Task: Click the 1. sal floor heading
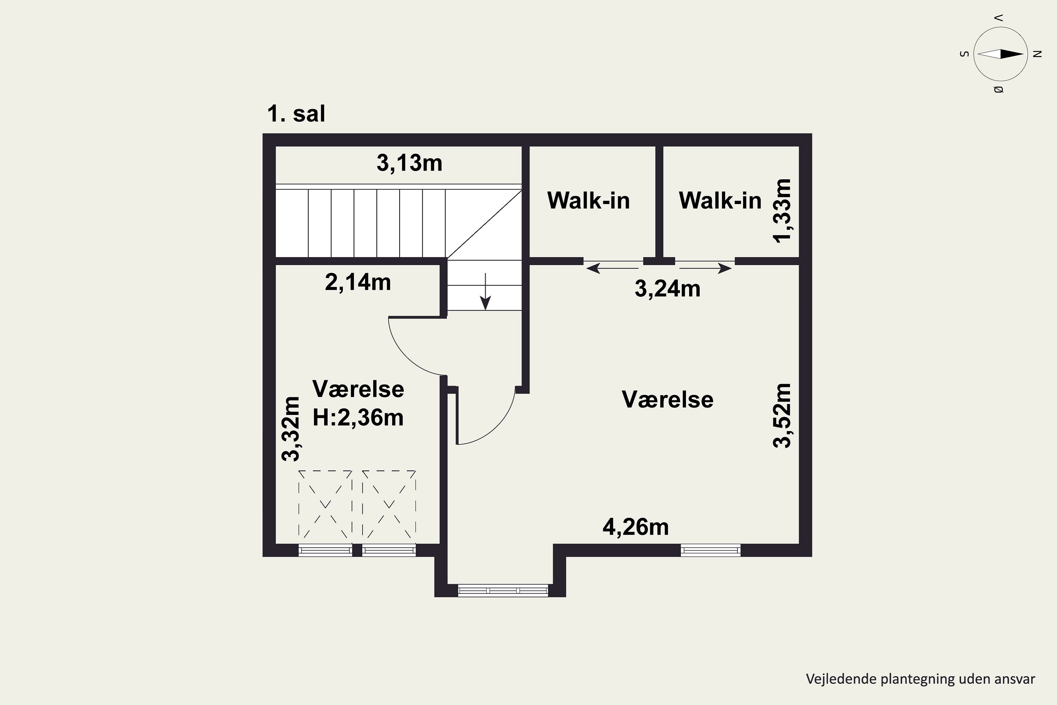pyautogui.click(x=296, y=114)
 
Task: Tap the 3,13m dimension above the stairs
pyautogui.click(x=409, y=163)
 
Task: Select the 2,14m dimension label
pyautogui.click(x=358, y=282)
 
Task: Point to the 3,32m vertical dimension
pyautogui.click(x=291, y=429)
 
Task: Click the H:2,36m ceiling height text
pyautogui.click(x=358, y=418)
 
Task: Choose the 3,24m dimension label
pyautogui.click(x=667, y=289)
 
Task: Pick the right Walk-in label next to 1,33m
pyautogui.click(x=719, y=201)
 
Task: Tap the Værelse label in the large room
pyautogui.click(x=667, y=399)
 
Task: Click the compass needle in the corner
pyautogui.click(x=1000, y=54)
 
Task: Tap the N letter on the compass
pyautogui.click(x=1037, y=54)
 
